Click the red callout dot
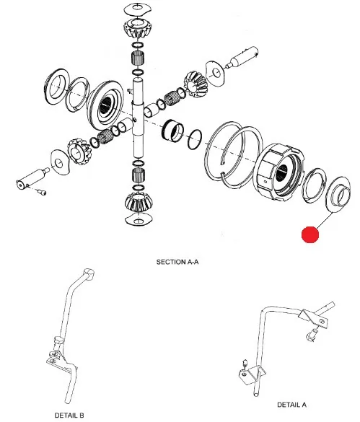[310, 234]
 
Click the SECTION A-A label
[177, 262]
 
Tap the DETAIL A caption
[291, 405]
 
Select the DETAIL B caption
[69, 416]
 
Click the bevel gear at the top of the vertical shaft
[138, 28]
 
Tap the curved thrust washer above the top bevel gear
[138, 9]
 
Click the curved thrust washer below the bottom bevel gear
[139, 219]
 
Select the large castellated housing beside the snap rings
[278, 172]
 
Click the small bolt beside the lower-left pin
[43, 192]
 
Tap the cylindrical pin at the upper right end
[242, 58]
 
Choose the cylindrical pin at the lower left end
[32, 178]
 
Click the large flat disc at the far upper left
[56, 86]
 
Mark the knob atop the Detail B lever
[89, 274]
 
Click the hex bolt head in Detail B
[58, 341]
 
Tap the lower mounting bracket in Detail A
[252, 374]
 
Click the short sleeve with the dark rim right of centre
[173, 131]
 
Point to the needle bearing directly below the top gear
[138, 58]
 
